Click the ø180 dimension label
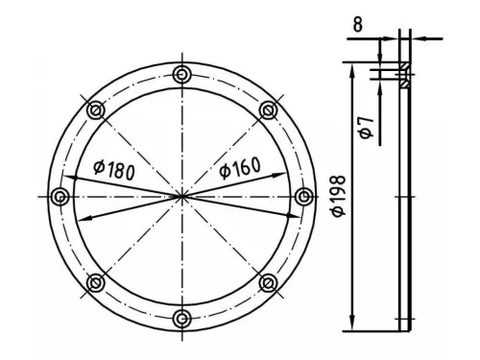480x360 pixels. tap(114, 170)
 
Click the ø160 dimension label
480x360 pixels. tap(240, 168)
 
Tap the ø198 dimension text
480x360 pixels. tap(339, 196)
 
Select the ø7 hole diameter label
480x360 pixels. tap(367, 128)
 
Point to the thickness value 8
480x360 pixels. tap(358, 24)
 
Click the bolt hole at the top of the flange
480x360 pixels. tap(181, 75)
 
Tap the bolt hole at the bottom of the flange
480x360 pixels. tap(181, 319)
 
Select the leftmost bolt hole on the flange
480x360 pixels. tap(60, 197)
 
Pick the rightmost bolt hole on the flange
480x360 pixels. tap(303, 197)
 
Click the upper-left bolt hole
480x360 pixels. tap(96, 110)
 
